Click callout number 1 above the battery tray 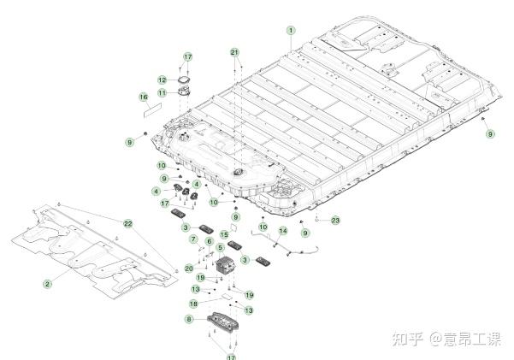[291, 30]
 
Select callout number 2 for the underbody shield [48, 282]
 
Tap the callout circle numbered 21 [234, 52]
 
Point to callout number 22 [127, 223]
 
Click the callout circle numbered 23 [335, 221]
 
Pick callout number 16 [144, 97]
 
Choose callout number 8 [189, 319]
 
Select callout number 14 [283, 231]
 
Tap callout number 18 [193, 303]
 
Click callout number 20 [189, 268]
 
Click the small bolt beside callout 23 [317, 220]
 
